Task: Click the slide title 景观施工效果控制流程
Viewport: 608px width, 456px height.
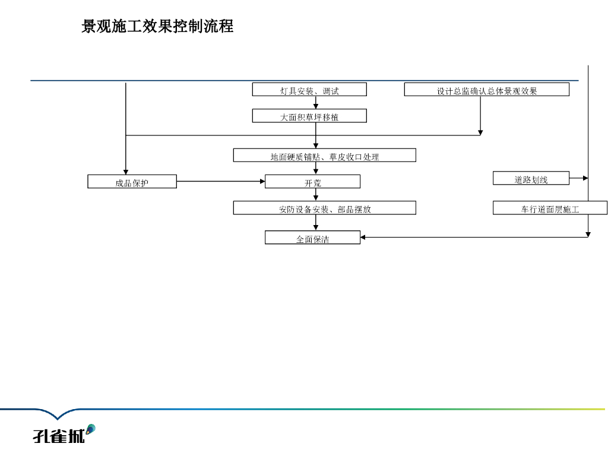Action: click(x=157, y=27)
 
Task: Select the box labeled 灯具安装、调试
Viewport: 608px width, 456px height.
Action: click(x=309, y=90)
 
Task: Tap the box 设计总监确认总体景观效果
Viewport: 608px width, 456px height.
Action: click(x=487, y=90)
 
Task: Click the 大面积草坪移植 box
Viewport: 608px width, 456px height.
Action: click(x=309, y=116)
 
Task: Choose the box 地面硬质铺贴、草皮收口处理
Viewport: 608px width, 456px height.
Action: click(x=324, y=156)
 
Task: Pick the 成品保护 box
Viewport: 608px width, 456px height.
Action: click(x=132, y=182)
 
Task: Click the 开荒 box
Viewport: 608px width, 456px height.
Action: click(x=312, y=182)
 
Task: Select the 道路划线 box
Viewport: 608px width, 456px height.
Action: click(x=531, y=178)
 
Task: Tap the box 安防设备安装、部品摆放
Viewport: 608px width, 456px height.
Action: click(x=324, y=208)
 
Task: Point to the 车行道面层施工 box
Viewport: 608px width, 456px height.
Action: click(x=550, y=208)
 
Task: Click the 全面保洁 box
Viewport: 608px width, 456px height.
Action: click(x=312, y=238)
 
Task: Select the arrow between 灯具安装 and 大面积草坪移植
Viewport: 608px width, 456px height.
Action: click(x=316, y=103)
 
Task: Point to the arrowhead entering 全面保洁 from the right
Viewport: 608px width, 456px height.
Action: click(x=364, y=237)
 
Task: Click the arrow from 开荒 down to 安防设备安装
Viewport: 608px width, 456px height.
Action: click(x=316, y=195)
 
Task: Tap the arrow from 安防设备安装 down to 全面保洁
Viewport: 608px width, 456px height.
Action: click(x=316, y=223)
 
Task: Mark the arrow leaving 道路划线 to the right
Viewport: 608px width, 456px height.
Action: click(x=579, y=178)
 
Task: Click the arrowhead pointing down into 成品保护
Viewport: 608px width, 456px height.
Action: click(x=126, y=172)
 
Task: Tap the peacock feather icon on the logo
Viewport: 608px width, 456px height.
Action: click(x=90, y=429)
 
